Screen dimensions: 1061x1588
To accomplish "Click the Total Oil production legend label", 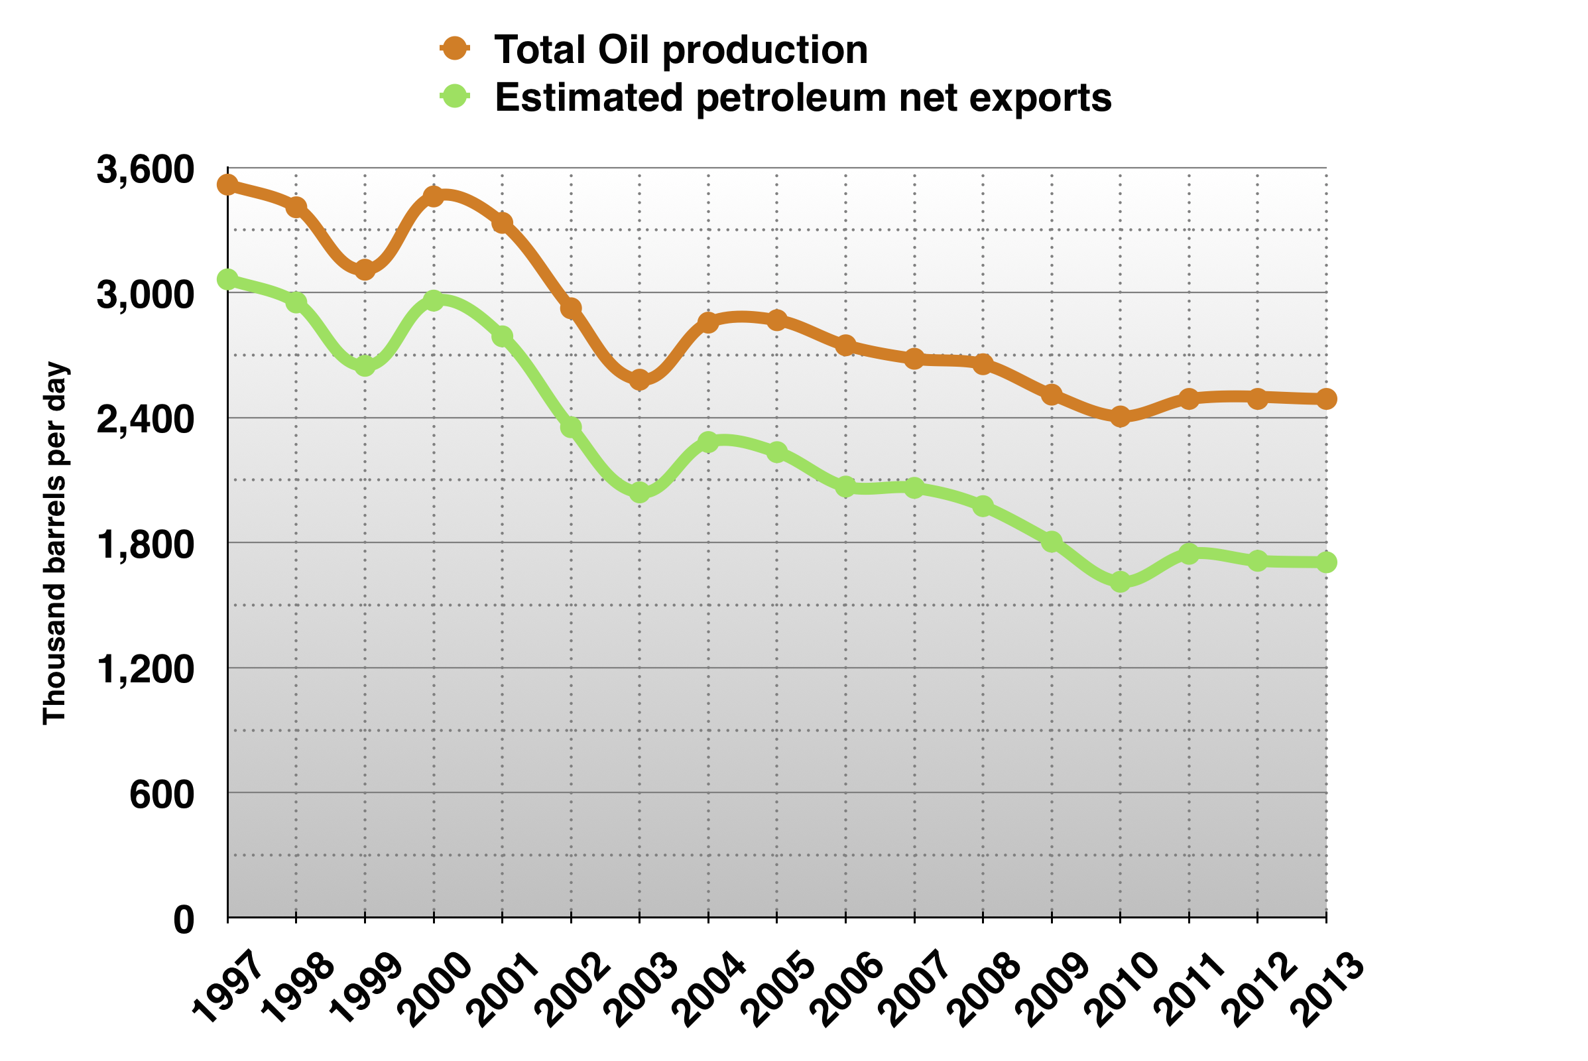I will [681, 50].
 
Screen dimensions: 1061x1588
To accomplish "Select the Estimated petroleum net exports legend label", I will [803, 97].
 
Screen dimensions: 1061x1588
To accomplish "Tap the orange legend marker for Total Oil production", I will [456, 48].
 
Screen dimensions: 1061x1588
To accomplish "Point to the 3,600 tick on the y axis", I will [145, 169].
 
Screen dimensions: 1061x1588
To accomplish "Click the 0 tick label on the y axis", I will [184, 920].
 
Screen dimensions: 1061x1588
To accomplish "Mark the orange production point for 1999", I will [365, 270].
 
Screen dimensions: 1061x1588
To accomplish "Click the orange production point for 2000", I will [434, 196].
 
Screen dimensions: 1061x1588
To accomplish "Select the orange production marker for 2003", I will [639, 379].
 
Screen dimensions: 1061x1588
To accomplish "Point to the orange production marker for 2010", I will [1121, 416].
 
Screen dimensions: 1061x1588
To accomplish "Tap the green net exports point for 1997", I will [227, 279].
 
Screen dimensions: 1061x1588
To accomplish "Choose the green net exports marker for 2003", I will [639, 493].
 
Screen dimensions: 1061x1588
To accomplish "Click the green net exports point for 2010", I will [1121, 582].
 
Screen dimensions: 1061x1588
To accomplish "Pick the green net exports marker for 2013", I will [1326, 562].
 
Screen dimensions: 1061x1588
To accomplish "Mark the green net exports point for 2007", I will [914, 487].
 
